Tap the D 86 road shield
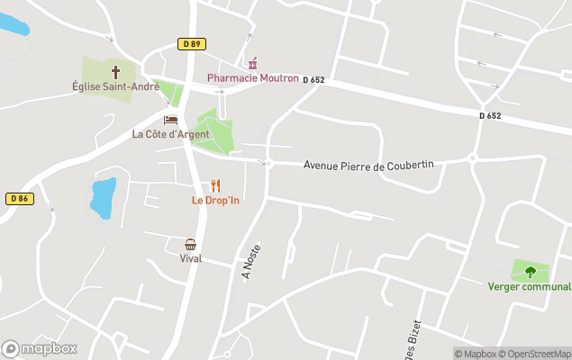pyautogui.click(x=20, y=198)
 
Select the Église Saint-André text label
pyautogui.click(x=115, y=86)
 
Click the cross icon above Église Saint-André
pyautogui.click(x=115, y=71)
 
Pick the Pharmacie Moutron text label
pyautogui.click(x=252, y=78)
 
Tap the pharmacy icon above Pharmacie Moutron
pyautogui.click(x=252, y=63)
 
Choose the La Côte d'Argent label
pyautogui.click(x=170, y=134)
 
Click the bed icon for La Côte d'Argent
pyautogui.click(x=170, y=120)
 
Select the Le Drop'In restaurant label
pyautogui.click(x=214, y=200)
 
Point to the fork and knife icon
pyautogui.click(x=215, y=185)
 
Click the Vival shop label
pyautogui.click(x=191, y=258)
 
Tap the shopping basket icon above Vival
pyautogui.click(x=191, y=244)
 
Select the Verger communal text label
pyautogui.click(x=530, y=287)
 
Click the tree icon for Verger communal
pyautogui.click(x=530, y=271)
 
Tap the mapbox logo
pyautogui.click(x=40, y=348)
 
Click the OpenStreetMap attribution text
pyautogui.click(x=534, y=354)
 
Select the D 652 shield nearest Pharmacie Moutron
pyautogui.click(x=313, y=80)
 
